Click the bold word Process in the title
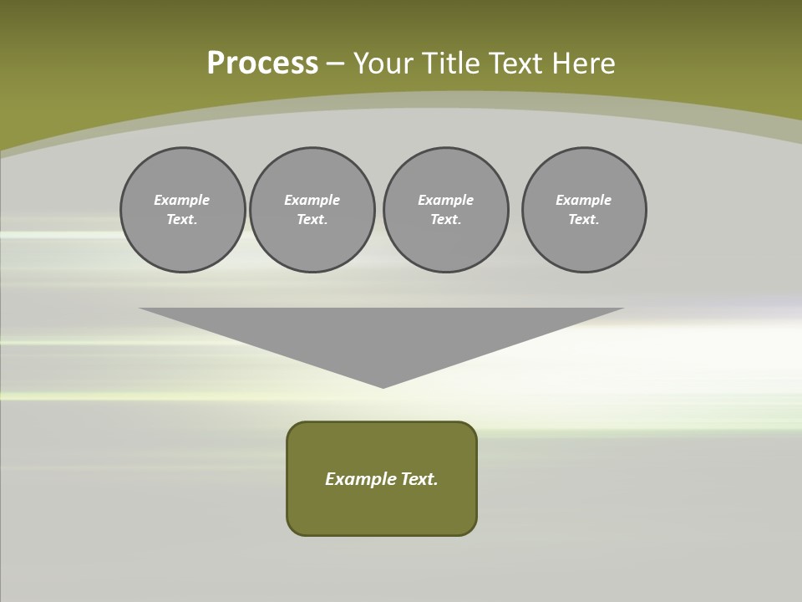[262, 64]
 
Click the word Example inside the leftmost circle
[182, 200]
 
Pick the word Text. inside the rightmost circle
[584, 220]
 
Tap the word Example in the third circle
[446, 200]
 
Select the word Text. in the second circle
[312, 220]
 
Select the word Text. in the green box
[420, 479]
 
